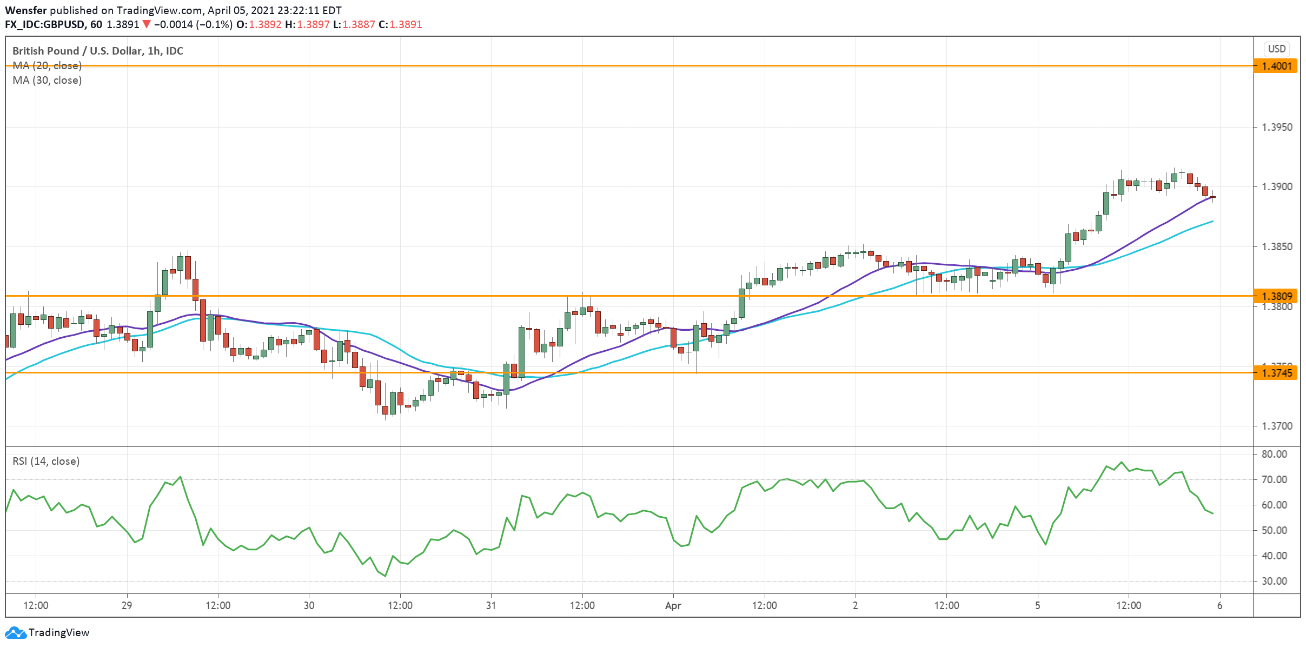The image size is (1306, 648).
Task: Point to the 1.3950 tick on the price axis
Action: tap(1276, 128)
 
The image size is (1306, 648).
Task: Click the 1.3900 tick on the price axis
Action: tap(1276, 187)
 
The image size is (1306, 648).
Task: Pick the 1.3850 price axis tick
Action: tap(1276, 247)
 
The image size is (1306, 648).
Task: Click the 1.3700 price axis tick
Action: tap(1276, 426)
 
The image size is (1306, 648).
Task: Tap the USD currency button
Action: tap(1277, 49)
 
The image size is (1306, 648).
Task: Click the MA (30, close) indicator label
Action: tap(47, 81)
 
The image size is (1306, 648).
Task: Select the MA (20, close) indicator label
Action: tap(47, 66)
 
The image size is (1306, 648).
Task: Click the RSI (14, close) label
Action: tap(46, 462)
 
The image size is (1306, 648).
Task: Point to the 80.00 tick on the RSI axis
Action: tap(1274, 455)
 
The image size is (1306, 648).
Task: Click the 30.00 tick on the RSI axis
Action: tap(1274, 582)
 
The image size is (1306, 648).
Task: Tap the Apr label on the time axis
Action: tap(673, 606)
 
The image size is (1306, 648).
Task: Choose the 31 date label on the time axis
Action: tap(491, 606)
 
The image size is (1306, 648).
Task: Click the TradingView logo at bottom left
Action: tap(48, 633)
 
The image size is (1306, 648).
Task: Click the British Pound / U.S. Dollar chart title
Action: tap(97, 51)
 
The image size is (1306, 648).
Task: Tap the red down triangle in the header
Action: tap(146, 25)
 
